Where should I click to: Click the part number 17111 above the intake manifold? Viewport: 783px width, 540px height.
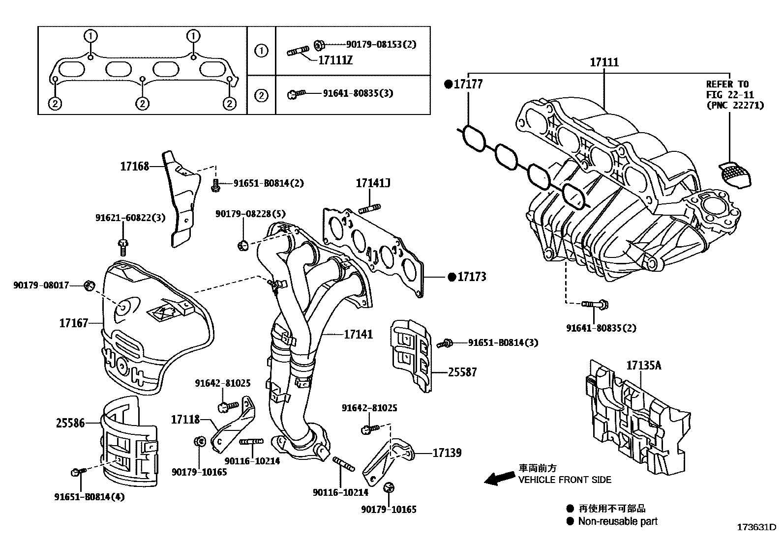[604, 63]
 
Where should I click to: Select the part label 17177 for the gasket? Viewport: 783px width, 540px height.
[468, 84]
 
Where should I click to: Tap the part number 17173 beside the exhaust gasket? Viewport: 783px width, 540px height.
[471, 277]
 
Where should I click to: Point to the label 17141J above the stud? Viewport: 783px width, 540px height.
[373, 184]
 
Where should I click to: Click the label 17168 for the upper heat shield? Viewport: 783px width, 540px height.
[134, 167]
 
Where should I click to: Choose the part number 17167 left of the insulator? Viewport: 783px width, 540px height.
[74, 323]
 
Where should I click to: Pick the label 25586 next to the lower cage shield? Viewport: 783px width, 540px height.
[70, 423]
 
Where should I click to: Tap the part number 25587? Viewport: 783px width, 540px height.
[462, 372]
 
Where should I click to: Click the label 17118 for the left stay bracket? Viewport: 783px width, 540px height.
[185, 420]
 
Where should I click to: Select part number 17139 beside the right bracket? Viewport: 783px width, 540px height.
[447, 453]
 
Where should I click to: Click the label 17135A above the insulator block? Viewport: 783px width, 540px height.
[644, 366]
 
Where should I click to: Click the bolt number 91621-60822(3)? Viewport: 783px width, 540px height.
[130, 218]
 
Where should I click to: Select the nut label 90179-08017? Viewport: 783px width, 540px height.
[41, 284]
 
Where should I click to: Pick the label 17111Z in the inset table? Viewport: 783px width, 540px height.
[335, 60]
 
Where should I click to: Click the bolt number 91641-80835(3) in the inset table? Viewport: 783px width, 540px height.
[358, 93]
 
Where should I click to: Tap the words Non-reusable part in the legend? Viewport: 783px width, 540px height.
[618, 521]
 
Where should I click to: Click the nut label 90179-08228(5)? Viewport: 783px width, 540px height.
[250, 213]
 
